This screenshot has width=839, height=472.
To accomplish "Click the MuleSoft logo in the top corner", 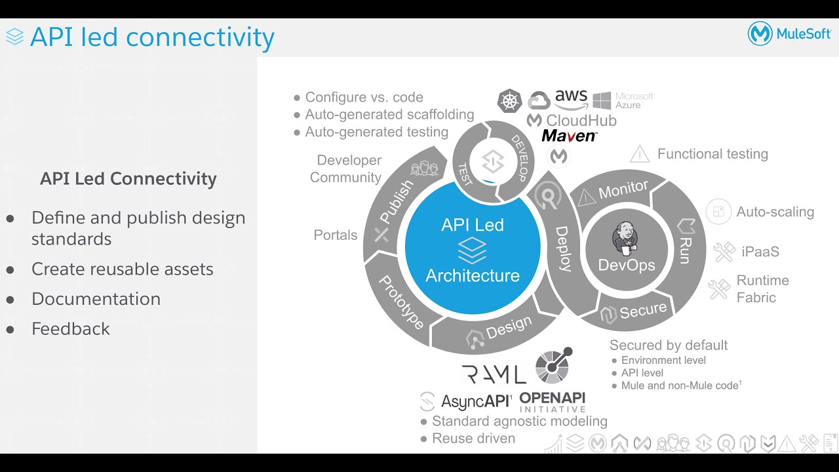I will click(789, 34).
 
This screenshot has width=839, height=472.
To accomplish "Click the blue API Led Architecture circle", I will click(473, 250).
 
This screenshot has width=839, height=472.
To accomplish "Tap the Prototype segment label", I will click(402, 302).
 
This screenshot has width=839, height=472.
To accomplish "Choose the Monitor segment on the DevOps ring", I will click(623, 190).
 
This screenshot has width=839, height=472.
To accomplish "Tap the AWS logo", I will click(571, 99).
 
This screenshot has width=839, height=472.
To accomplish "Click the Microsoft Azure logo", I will click(623, 100).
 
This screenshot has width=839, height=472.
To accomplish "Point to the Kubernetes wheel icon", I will click(509, 101).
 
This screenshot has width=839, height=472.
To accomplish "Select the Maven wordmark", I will click(569, 136).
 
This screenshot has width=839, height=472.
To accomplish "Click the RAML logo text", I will click(494, 374).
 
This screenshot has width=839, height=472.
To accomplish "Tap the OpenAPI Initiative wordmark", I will click(552, 402).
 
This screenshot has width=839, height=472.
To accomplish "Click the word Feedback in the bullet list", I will click(71, 328).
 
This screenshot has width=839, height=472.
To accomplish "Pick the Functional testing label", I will click(712, 154).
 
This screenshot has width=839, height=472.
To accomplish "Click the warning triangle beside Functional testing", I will click(639, 155).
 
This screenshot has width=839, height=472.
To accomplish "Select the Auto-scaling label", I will click(775, 212).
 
